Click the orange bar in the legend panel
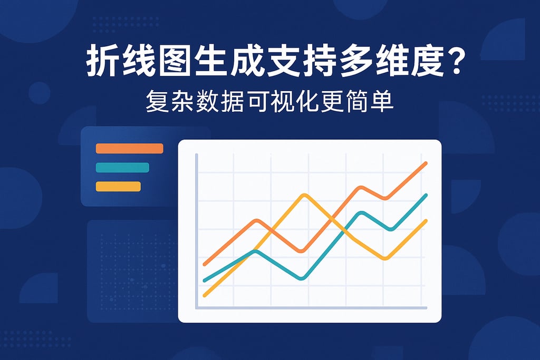(129, 149)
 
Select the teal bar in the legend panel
(122, 168)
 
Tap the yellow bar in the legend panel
(118, 186)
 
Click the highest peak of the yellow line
(305, 196)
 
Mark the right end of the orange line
(425, 164)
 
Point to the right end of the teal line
(425, 196)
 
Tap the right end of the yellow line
(425, 221)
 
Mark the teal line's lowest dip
(301, 278)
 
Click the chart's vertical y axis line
(196, 232)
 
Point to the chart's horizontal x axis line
(311, 307)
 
